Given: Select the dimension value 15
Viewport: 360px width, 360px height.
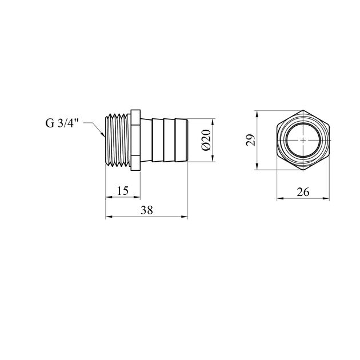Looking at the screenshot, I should point(122,190).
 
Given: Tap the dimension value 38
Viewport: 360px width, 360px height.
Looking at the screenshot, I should point(147,210).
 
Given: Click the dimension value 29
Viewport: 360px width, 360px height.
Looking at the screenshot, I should point(250,140).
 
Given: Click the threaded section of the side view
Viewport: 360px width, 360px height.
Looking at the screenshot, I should point(118,140).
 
